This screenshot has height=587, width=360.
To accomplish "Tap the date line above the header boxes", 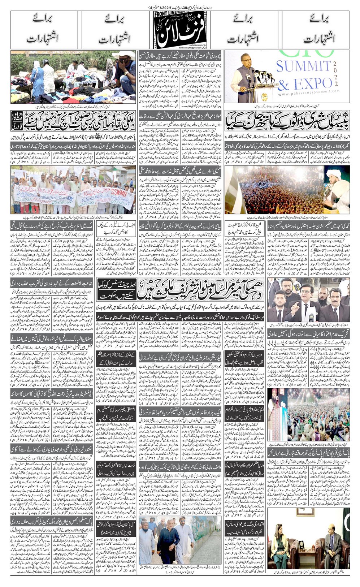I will [180, 7].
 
